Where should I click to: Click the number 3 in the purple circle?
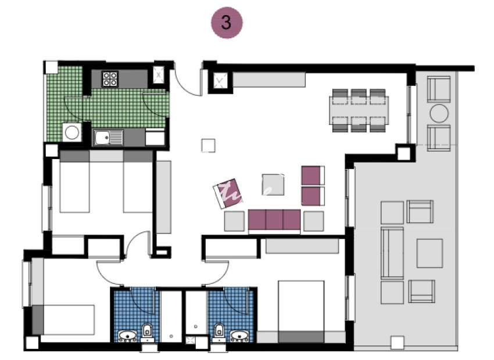pos(226,23)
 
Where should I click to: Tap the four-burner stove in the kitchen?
pos(110,78)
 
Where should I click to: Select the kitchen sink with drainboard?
pos(109,138)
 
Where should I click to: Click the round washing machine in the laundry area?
pos(72,132)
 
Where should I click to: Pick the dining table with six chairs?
pos(359,110)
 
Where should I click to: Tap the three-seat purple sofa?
pos(274,220)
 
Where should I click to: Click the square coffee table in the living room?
pos(273,185)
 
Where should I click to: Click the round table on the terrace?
pos(439,112)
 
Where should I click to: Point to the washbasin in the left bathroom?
pos(128,335)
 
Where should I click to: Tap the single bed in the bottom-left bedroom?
pos(63,320)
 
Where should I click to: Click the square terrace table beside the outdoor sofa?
pos(430,251)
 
